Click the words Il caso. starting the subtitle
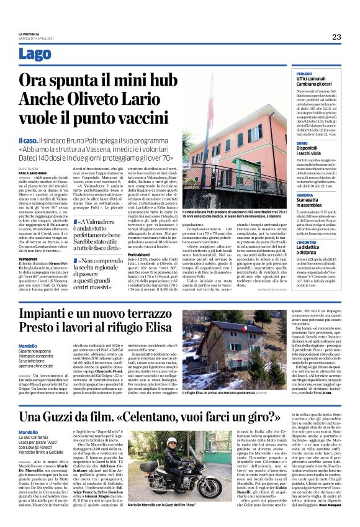(30, 142)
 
